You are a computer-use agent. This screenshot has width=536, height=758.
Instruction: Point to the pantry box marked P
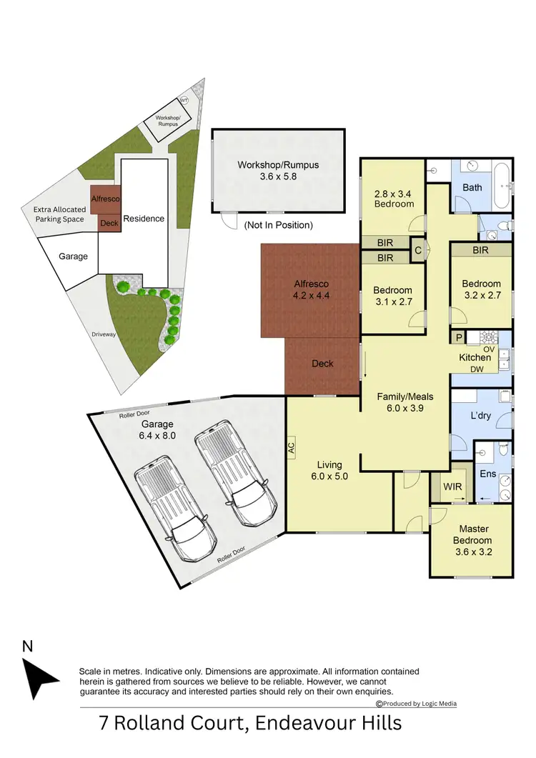(x=457, y=337)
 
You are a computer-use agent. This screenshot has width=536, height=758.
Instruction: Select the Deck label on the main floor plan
(x=322, y=364)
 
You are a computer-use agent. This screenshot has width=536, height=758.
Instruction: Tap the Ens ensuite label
(x=487, y=474)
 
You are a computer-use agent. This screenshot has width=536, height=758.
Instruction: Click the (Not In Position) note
(x=278, y=225)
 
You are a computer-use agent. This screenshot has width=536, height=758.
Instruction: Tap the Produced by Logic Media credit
(x=416, y=704)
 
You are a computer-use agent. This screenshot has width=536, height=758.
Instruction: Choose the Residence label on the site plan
(x=144, y=219)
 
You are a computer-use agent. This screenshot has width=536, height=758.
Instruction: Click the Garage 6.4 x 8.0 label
(x=158, y=429)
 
